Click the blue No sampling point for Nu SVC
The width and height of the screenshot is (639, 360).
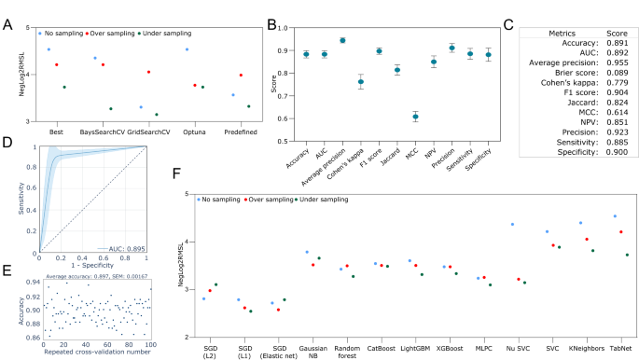pyautogui.click(x=513, y=224)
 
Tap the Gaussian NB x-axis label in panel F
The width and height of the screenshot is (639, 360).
pyautogui.click(x=309, y=352)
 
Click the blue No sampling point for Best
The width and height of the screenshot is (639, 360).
pyautogui.click(x=49, y=49)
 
